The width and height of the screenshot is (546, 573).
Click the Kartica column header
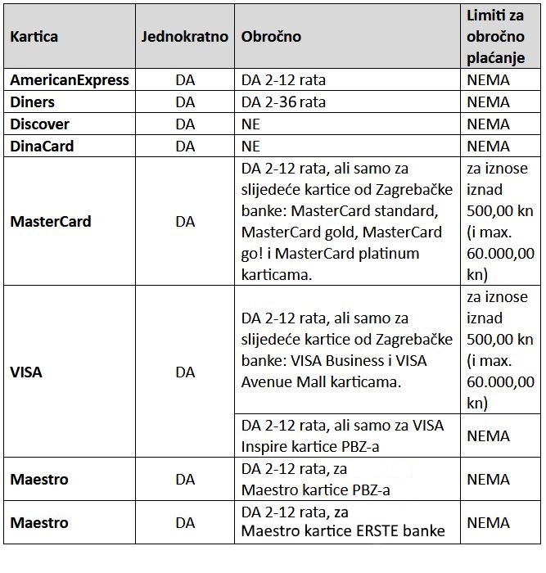click(x=34, y=37)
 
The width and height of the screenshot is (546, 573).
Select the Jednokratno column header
click(x=185, y=37)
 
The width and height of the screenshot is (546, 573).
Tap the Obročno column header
click(x=271, y=37)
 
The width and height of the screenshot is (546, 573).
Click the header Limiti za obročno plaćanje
click(x=499, y=37)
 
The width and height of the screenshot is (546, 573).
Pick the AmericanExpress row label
click(x=70, y=80)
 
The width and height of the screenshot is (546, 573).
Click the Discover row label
click(x=39, y=124)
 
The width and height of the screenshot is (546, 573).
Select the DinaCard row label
click(x=42, y=147)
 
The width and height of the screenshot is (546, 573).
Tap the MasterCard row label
click(x=51, y=222)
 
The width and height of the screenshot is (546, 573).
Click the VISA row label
click(x=26, y=372)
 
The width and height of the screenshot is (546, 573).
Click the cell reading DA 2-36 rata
click(x=284, y=102)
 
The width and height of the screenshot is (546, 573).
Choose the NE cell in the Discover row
click(x=250, y=124)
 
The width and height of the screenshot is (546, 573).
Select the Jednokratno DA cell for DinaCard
click(x=185, y=147)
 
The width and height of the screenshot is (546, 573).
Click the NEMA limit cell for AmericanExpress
click(x=488, y=80)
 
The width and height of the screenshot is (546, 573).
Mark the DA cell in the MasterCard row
click(x=185, y=222)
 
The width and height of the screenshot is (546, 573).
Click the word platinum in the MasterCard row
click(x=388, y=254)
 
